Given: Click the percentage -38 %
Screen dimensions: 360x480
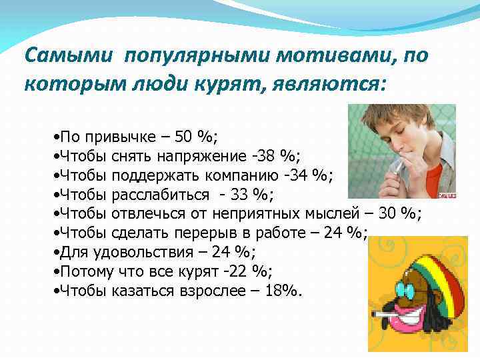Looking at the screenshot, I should click(279, 157).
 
